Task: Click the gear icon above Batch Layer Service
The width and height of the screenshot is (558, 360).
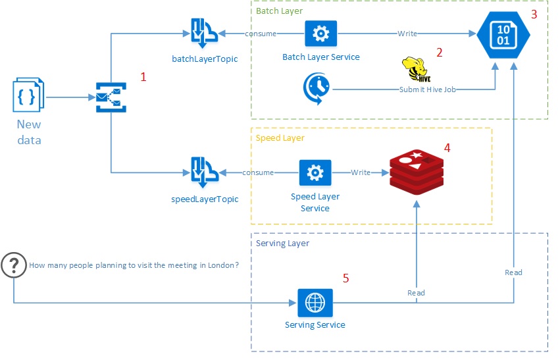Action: pos(320,33)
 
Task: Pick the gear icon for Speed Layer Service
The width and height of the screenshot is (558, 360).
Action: pos(315,172)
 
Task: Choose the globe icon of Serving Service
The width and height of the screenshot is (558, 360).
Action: pos(315,303)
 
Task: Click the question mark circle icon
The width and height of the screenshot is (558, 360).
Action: pos(13,265)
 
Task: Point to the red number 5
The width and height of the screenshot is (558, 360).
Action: pos(346,278)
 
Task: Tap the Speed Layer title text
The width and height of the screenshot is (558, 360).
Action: pos(279,138)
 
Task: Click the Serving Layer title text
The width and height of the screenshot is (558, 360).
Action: pos(282,243)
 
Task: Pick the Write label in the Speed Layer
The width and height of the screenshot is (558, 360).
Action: pos(361,172)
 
